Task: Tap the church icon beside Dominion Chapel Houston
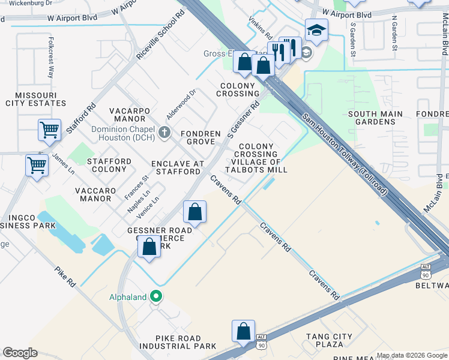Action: click(x=166, y=133)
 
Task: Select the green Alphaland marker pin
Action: click(x=157, y=296)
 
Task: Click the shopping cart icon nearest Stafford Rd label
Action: click(x=49, y=130)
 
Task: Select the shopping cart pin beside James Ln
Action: click(x=37, y=164)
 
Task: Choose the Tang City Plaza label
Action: click(x=333, y=340)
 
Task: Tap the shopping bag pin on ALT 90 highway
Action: click(x=244, y=331)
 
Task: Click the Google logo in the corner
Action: click(x=20, y=353)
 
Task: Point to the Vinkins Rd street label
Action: click(x=256, y=28)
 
